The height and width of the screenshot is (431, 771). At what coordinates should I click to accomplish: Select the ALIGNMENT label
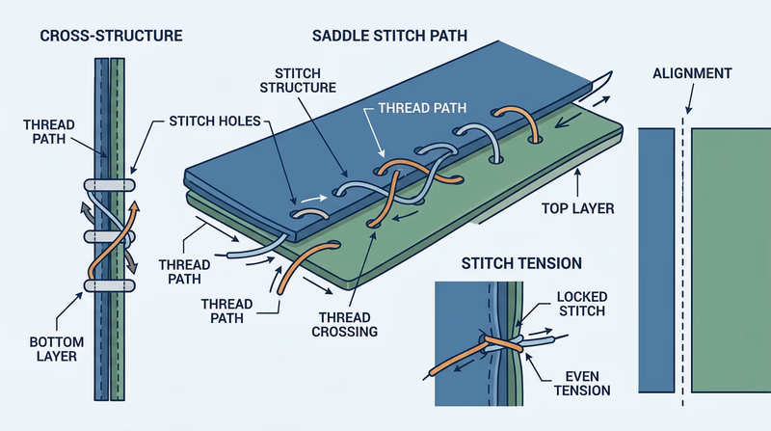click(691, 73)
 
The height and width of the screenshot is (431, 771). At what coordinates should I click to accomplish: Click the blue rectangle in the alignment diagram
click(658, 260)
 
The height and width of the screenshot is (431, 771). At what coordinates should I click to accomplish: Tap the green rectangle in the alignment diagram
click(731, 260)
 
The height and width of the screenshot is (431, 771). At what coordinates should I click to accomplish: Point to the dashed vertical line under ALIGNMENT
click(684, 289)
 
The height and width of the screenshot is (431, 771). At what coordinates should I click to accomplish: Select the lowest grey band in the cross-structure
click(108, 286)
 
